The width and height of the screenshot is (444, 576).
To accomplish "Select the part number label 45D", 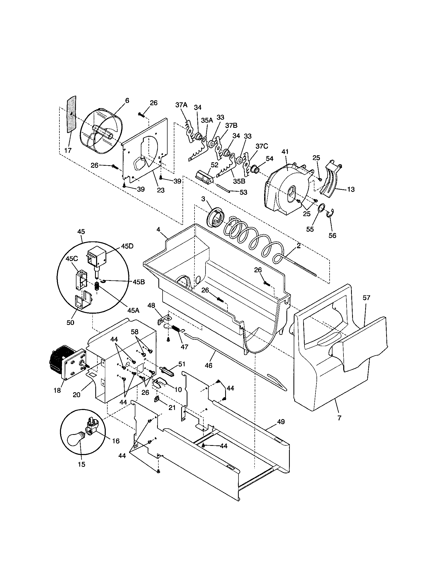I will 127,246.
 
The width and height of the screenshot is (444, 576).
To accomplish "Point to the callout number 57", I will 366,298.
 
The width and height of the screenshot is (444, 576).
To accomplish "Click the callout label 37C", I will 262,146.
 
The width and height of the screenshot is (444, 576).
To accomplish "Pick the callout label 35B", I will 239,182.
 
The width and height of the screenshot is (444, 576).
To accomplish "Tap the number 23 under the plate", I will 160,190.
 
